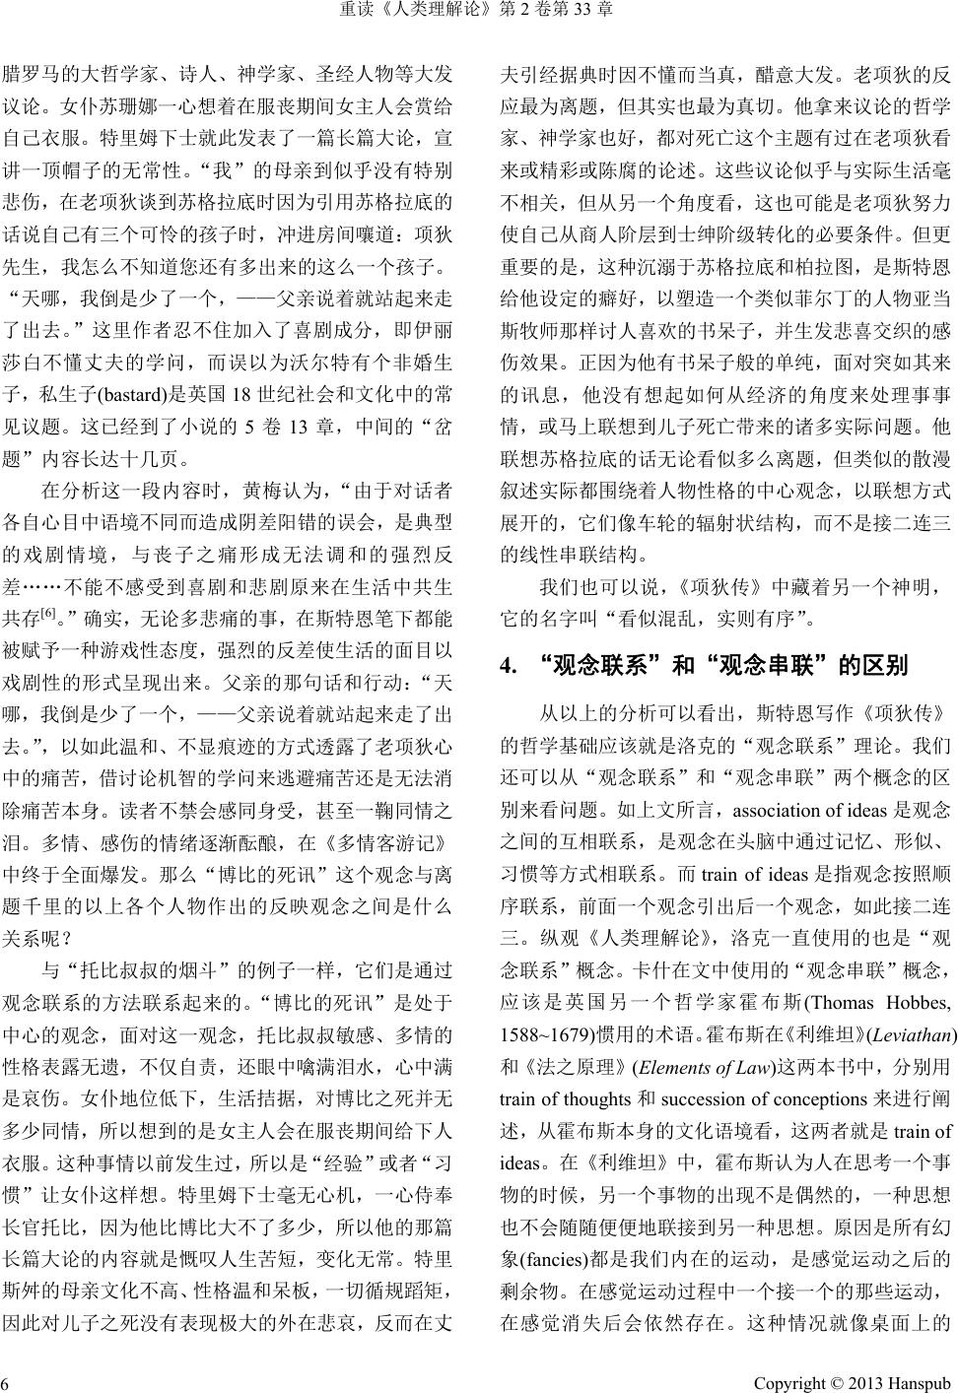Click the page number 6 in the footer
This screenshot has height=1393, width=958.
pyautogui.click(x=6, y=1383)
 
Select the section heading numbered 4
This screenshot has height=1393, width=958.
pyautogui.click(x=704, y=666)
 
